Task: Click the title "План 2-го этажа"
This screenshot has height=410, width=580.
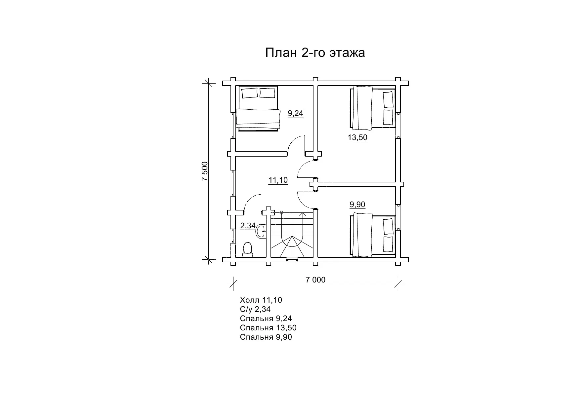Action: pyautogui.click(x=315, y=53)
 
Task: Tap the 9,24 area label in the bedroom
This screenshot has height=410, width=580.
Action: pyautogui.click(x=295, y=114)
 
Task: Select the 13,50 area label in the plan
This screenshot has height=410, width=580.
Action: pyautogui.click(x=357, y=137)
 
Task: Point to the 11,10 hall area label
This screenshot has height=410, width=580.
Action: pyautogui.click(x=278, y=180)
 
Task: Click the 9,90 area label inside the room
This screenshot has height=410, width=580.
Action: pyautogui.click(x=357, y=205)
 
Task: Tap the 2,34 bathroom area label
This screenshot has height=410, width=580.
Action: pyautogui.click(x=248, y=226)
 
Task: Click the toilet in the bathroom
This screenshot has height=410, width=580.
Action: pyautogui.click(x=248, y=249)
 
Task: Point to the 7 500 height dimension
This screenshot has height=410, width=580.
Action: pyautogui.click(x=205, y=171)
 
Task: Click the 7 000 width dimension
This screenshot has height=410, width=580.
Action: pyautogui.click(x=315, y=280)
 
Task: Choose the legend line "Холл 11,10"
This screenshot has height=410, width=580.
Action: pyautogui.click(x=261, y=300)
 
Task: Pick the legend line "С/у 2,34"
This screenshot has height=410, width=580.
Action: pyautogui.click(x=255, y=309)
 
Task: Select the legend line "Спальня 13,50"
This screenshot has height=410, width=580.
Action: pyautogui.click(x=268, y=328)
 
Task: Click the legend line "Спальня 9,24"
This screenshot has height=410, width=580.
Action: pyautogui.click(x=266, y=318)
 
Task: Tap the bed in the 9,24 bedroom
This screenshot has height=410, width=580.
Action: pyautogui.click(x=258, y=108)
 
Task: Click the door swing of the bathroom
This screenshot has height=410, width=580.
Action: pyautogui.click(x=252, y=203)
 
